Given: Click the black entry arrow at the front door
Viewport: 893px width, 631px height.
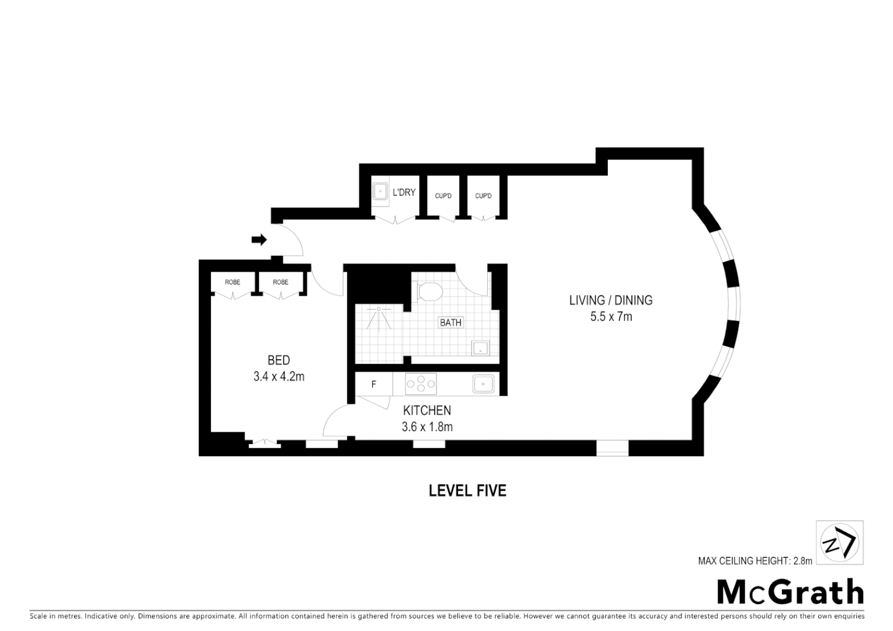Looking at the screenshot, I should [259, 240].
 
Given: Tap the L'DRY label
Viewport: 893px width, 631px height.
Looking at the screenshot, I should [404, 192].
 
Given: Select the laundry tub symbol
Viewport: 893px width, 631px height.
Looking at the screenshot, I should [380, 191].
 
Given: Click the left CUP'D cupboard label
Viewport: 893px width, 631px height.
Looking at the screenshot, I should [443, 196].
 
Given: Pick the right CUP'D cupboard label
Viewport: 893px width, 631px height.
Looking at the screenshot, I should [483, 196].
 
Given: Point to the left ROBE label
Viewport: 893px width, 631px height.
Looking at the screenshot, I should [233, 282].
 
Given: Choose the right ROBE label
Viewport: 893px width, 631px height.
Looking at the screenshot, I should [281, 282].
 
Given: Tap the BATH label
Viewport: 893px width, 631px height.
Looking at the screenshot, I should [451, 323].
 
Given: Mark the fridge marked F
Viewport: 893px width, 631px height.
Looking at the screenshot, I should [373, 384].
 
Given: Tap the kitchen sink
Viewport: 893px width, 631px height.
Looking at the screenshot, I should [484, 384].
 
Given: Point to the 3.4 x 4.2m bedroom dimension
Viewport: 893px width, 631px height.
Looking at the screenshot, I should [279, 377].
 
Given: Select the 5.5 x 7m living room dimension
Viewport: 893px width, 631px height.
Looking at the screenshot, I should [611, 317].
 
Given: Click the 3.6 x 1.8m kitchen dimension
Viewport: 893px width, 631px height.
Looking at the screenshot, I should [427, 427].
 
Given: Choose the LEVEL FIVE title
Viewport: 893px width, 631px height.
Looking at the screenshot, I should [468, 490].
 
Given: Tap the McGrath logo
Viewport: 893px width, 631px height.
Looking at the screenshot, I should [790, 592].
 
